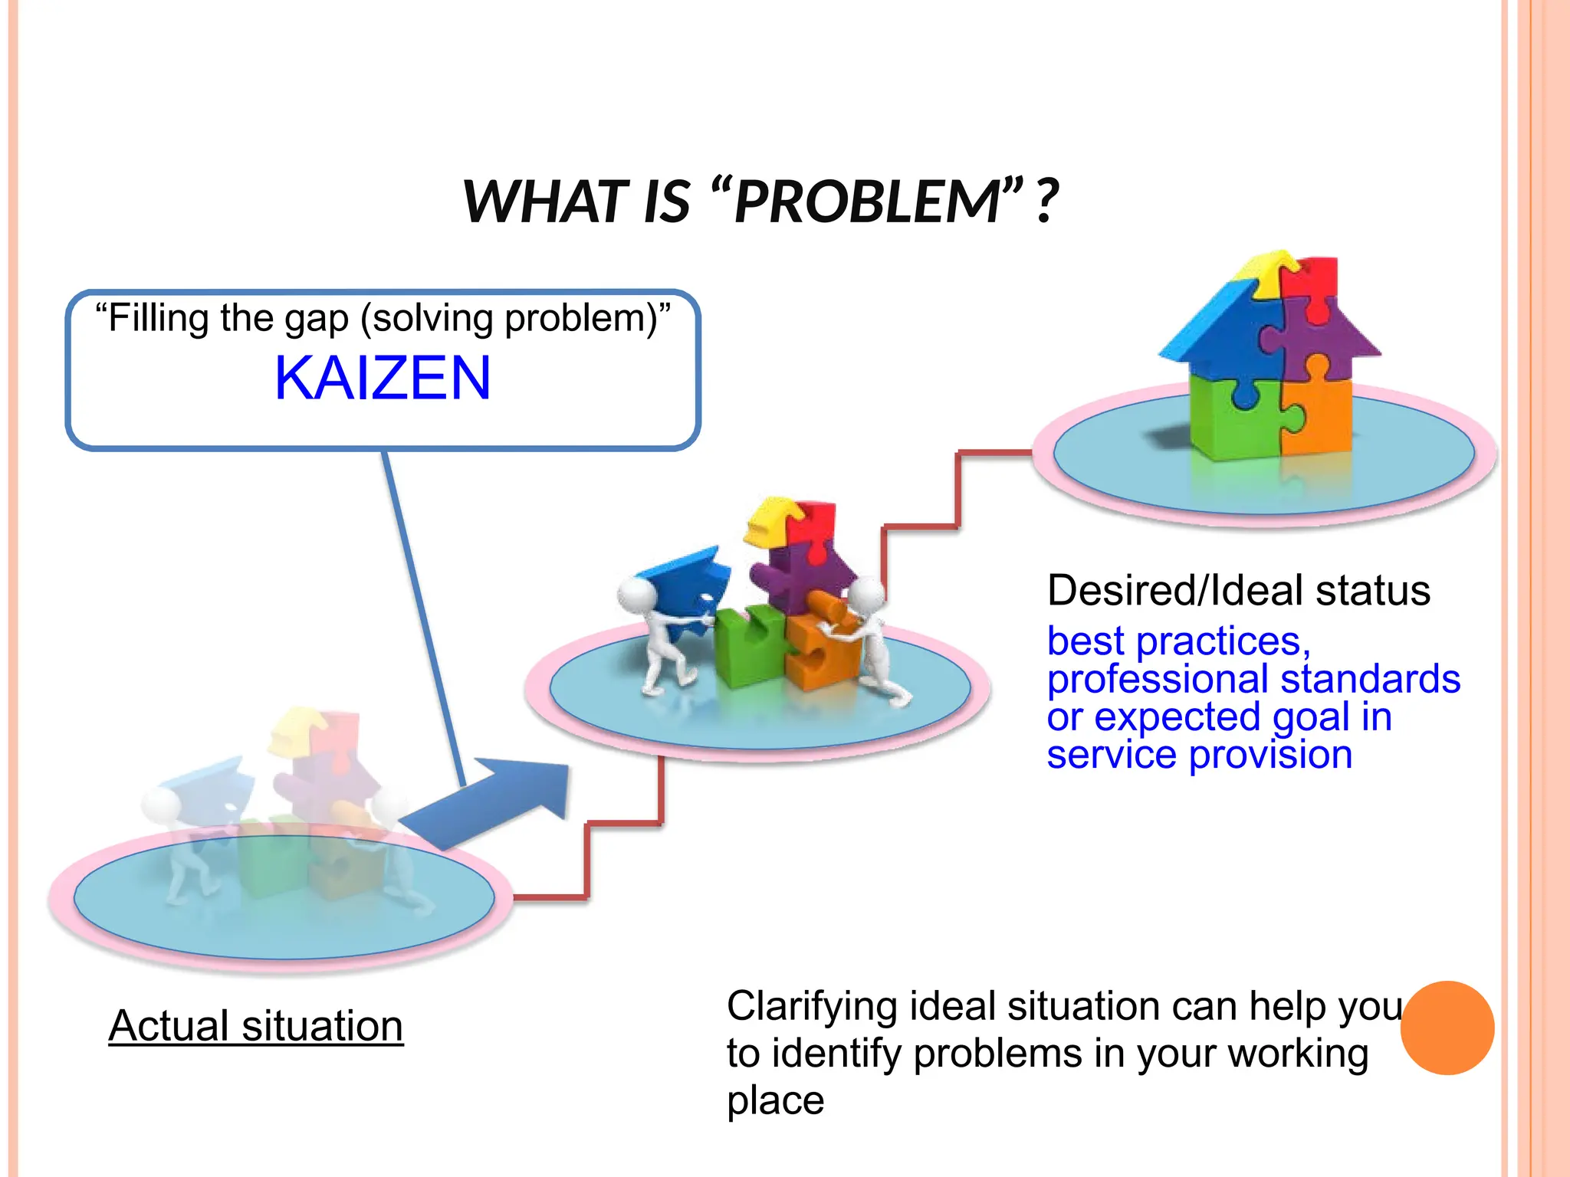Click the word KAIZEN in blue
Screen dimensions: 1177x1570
coord(382,379)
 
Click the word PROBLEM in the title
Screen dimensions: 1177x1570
coord(866,202)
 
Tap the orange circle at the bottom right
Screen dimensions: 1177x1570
coord(1447,1028)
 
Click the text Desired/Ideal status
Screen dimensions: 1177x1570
coord(1238,591)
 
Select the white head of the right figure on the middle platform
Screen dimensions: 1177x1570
coord(867,595)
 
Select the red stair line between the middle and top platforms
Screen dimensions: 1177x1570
coord(958,490)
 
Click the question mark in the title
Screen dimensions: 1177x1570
coord(1046,202)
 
